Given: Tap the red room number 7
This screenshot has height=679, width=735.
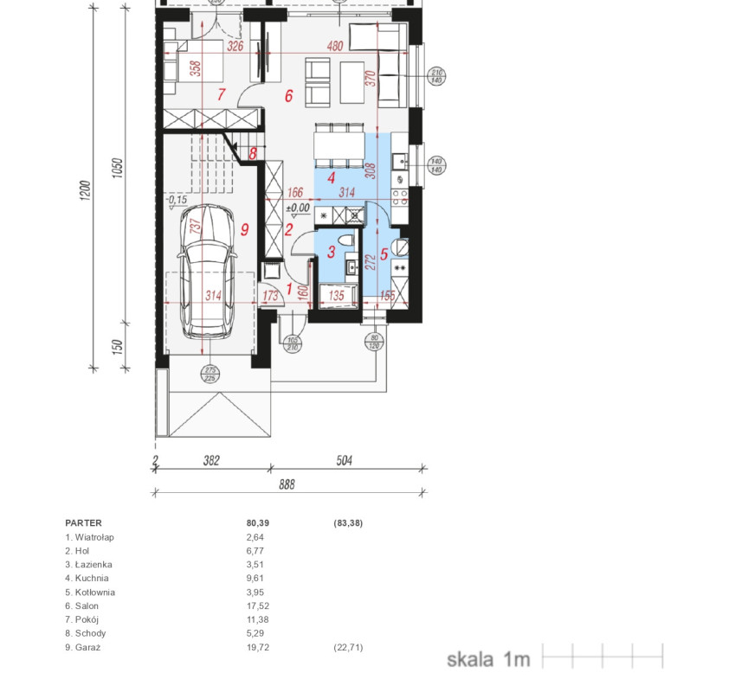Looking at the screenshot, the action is pos(222,94).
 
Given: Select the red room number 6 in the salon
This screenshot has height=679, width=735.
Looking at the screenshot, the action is pos(289,96).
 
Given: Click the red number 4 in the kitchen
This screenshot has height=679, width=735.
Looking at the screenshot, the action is pos(332,178).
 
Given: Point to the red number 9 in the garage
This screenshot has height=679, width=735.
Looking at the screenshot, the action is pos(244,229).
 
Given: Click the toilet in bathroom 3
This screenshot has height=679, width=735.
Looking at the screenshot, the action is pos(345,240).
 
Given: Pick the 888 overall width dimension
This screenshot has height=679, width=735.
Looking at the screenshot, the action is pos(287,484).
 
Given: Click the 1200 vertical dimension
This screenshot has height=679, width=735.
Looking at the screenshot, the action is pos(85,190).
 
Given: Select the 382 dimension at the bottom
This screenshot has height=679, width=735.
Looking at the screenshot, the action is pos(211,460).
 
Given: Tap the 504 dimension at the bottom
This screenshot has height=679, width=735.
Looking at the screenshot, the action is pos(344,460).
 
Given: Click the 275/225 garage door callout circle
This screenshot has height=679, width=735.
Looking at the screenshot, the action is pos(210,375).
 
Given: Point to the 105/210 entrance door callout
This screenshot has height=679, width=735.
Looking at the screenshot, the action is pos(293,344).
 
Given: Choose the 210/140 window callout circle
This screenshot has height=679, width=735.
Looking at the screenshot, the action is pos(436,76).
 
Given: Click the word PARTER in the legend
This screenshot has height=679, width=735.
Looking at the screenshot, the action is pos(83,523).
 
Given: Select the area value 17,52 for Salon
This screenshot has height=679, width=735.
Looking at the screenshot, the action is pos(258,606).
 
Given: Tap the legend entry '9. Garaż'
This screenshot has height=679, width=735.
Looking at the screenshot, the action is pos(83,648).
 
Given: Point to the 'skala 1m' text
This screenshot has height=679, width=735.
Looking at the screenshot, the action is pos(488,659).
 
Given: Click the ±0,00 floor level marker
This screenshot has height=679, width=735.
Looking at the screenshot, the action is pos(298,208).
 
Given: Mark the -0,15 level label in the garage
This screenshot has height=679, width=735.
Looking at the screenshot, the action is pos(177,200).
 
